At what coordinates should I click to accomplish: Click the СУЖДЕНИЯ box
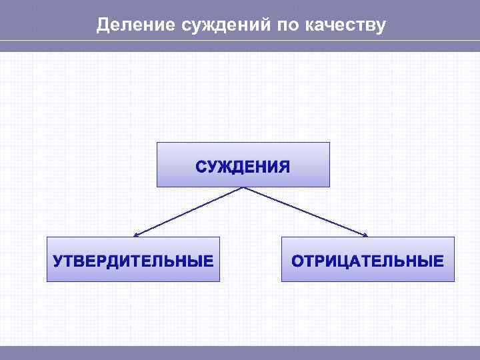pyautogui.click(x=243, y=164)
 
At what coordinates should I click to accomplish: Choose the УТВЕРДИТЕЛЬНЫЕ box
pyautogui.click(x=133, y=259)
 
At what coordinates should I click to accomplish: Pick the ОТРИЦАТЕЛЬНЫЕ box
pyautogui.click(x=367, y=259)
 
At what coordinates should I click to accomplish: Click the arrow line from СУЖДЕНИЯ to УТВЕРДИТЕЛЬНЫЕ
pyautogui.click(x=189, y=211)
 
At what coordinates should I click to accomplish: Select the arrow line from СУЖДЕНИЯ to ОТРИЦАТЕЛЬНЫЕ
pyautogui.click(x=305, y=211)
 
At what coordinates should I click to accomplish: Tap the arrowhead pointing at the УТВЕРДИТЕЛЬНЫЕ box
pyautogui.click(x=137, y=235)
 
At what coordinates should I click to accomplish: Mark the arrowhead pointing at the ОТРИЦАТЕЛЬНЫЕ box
pyautogui.click(x=365, y=235)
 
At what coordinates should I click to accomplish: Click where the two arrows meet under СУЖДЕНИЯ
pyautogui.click(x=243, y=187)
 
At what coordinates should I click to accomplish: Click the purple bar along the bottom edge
pyautogui.click(x=240, y=353)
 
